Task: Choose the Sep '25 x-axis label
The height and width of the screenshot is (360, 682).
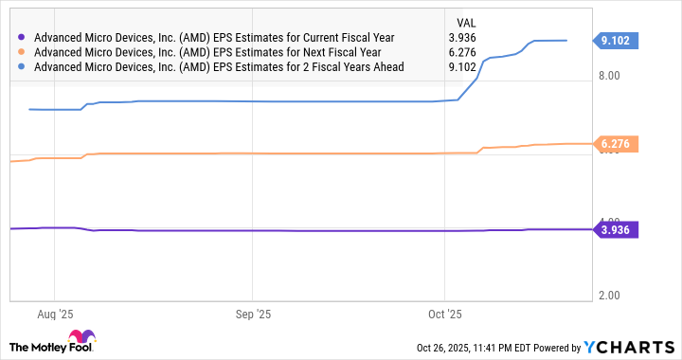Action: [251, 312]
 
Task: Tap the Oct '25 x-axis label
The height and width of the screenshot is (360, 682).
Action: [445, 312]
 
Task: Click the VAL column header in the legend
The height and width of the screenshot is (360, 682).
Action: [468, 22]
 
